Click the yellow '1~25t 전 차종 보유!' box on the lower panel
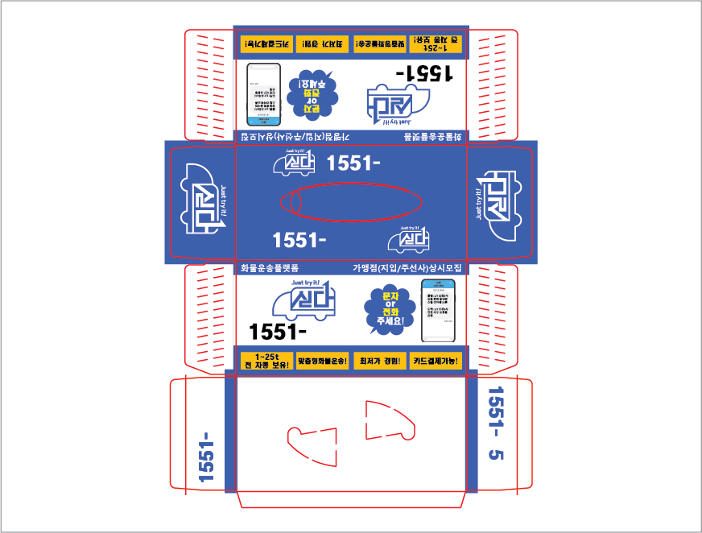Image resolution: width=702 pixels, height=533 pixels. click(266, 361)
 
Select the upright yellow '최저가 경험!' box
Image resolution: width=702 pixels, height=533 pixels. click(379, 361)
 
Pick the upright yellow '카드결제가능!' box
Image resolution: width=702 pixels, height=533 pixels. click(436, 361)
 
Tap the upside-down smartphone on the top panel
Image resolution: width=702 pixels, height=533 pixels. click(263, 95)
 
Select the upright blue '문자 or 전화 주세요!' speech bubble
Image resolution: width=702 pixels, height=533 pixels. click(383, 312)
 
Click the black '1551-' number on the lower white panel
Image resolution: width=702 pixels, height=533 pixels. click(279, 331)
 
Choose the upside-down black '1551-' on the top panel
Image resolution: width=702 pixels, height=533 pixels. click(425, 73)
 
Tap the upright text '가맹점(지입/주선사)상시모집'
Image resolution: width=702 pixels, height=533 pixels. click(407, 268)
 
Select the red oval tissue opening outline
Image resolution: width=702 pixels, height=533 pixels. click(351, 202)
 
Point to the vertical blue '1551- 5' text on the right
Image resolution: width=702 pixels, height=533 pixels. click(495, 424)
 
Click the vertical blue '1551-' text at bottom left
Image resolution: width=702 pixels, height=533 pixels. click(207, 457)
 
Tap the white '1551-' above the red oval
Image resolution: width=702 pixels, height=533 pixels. click(353, 163)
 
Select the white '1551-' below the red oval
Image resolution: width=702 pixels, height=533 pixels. click(299, 240)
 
